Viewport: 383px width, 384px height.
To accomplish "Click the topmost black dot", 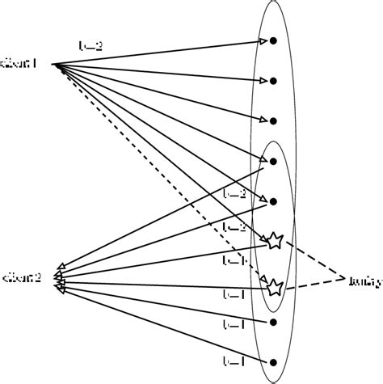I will [x=274, y=40].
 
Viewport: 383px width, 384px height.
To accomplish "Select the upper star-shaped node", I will [x=275, y=240].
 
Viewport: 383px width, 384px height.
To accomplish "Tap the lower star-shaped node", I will [x=275, y=286].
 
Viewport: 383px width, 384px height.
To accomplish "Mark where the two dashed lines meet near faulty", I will [x=345, y=279].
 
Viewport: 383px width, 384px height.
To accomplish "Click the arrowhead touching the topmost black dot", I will [x=263, y=42].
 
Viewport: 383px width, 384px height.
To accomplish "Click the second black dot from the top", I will [x=274, y=81].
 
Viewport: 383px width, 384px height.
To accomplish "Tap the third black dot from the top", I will [x=274, y=120].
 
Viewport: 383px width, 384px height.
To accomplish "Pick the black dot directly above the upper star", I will [x=274, y=201].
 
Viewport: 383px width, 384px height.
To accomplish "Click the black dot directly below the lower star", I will [x=274, y=322].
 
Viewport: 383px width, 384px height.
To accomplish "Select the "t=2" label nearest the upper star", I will [x=234, y=227].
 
